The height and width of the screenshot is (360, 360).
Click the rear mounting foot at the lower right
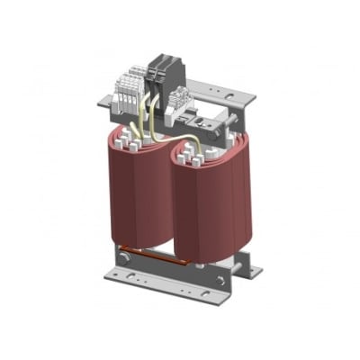(x=250, y=267)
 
